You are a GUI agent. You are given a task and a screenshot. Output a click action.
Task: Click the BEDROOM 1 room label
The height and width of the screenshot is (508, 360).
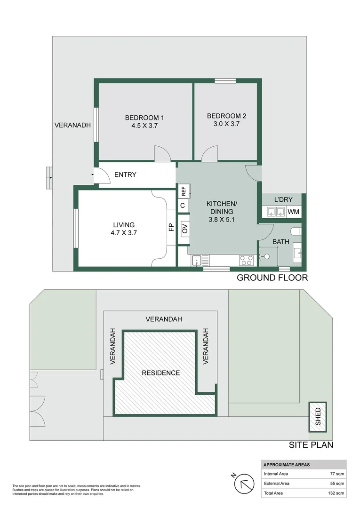click(x=144, y=118)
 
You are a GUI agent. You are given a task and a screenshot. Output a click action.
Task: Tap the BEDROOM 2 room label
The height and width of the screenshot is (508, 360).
click(x=226, y=116)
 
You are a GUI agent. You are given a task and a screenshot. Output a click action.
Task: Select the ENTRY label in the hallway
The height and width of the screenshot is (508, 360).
click(x=125, y=175)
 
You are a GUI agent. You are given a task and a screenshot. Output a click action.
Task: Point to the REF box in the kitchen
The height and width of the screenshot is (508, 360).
click(x=184, y=192)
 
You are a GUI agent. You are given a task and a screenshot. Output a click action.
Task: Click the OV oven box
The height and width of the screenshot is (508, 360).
click(x=184, y=229)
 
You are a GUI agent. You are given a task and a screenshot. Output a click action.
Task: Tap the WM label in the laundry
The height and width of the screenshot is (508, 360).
click(x=293, y=212)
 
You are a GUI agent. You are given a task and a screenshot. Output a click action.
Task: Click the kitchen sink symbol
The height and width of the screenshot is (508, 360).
click(x=197, y=260)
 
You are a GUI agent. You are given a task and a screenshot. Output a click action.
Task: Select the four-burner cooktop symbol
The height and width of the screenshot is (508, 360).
click(x=247, y=260)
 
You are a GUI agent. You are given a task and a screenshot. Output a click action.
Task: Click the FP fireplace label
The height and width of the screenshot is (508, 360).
click(x=171, y=227)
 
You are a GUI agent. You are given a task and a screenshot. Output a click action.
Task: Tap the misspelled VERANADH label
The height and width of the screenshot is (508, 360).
click(x=72, y=125)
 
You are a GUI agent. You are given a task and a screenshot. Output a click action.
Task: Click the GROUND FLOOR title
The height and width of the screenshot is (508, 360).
click(x=272, y=278)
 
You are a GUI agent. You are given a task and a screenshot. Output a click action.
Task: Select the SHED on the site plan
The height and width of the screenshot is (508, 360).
click(x=318, y=417)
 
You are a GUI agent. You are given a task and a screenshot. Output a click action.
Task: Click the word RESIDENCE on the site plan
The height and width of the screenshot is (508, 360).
click(x=161, y=373)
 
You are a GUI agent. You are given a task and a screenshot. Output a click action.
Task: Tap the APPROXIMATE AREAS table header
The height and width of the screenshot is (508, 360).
click(x=287, y=464)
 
